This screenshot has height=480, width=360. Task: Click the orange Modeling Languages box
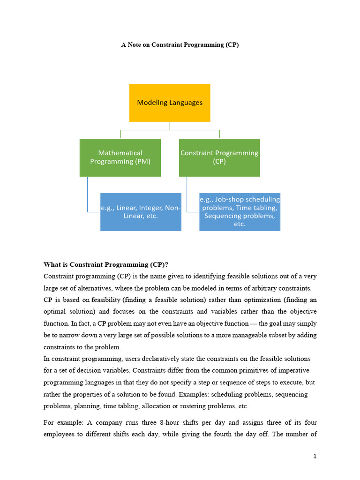point(170,103)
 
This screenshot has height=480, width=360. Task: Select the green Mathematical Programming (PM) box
point(120,157)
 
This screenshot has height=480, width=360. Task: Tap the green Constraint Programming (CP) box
point(219,157)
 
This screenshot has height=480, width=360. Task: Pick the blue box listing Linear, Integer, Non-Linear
point(141,212)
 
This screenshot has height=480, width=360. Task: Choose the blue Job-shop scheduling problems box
point(240,212)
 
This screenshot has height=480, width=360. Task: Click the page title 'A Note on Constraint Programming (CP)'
point(180,45)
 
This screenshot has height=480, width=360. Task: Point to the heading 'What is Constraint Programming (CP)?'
point(106,264)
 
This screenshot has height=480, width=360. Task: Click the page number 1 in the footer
point(315,456)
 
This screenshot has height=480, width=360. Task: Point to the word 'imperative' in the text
point(289,371)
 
